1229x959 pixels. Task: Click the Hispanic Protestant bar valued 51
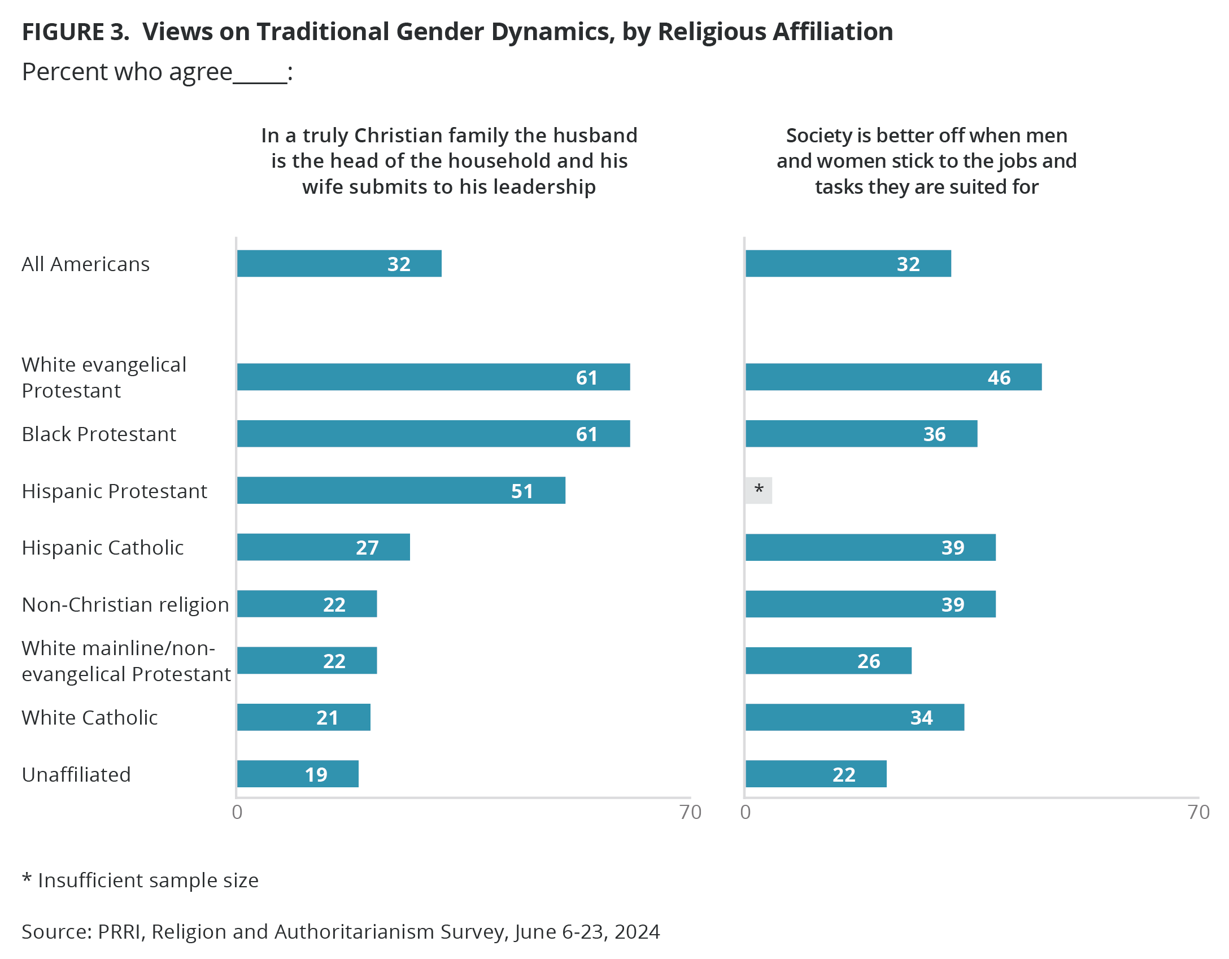pyautogui.click(x=401, y=490)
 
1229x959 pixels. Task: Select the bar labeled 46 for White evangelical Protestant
pyautogui.click(x=894, y=377)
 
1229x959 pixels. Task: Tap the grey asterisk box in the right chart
pyautogui.click(x=759, y=490)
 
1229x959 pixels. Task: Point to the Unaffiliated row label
pyautogui.click(x=76, y=774)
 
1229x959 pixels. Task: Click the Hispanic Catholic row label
pyautogui.click(x=103, y=547)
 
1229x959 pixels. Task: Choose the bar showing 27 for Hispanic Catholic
pyautogui.click(x=323, y=547)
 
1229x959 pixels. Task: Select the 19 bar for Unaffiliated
pyautogui.click(x=298, y=774)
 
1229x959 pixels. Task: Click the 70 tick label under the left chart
pyautogui.click(x=690, y=812)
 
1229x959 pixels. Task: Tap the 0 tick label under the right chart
pyautogui.click(x=746, y=812)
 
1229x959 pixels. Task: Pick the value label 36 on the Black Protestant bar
pyautogui.click(x=934, y=434)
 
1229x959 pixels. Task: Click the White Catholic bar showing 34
pyautogui.click(x=855, y=717)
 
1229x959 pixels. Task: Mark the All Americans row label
pyautogui.click(x=86, y=264)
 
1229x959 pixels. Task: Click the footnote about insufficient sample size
pyautogui.click(x=140, y=880)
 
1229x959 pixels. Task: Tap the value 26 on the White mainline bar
pyautogui.click(x=869, y=661)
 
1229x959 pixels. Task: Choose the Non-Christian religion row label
pyautogui.click(x=125, y=604)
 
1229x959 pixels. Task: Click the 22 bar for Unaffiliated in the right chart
pyautogui.click(x=816, y=774)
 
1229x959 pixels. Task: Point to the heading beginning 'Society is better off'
pyautogui.click(x=926, y=161)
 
